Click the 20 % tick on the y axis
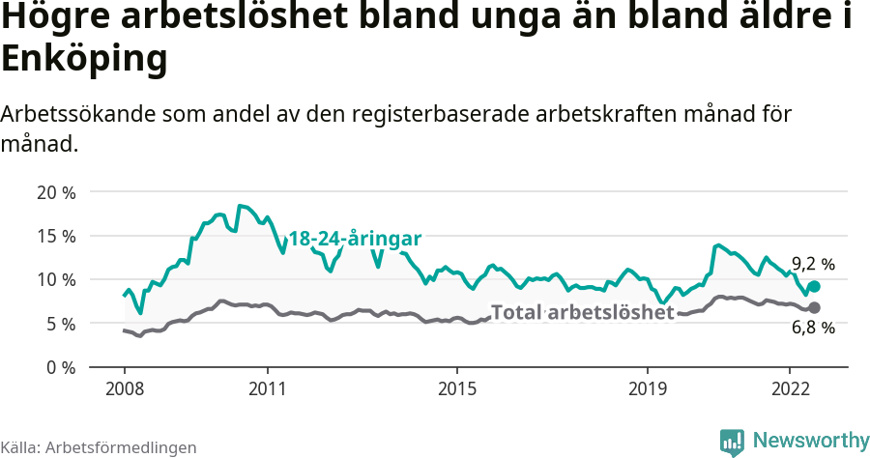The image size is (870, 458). click(56, 191)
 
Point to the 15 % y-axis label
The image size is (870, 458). click(56, 236)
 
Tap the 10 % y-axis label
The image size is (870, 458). click(56, 279)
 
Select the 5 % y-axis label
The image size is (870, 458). click(60, 324)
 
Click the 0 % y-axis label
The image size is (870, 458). click(60, 367)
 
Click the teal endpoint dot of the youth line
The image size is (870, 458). click(814, 286)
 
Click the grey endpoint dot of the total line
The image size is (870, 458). click(814, 307)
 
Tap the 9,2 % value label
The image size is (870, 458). click(813, 264)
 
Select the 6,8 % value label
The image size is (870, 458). click(813, 328)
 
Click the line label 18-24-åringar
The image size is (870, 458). click(355, 238)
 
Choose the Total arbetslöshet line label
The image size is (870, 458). click(582, 312)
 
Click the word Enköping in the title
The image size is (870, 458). click(84, 60)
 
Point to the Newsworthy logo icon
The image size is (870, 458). click(732, 442)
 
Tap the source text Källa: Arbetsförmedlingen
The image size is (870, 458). click(99, 447)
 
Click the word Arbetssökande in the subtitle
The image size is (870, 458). click(75, 114)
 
